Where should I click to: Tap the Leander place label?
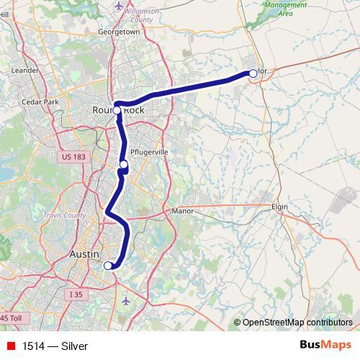24,71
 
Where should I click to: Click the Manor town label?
179,212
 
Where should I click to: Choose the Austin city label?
88,256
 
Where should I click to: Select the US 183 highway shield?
73,156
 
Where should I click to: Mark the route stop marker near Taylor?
253,73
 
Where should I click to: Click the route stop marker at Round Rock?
117,112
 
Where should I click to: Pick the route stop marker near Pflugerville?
124,165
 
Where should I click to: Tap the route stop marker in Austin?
108,266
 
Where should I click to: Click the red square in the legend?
10,346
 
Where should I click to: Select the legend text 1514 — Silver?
55,346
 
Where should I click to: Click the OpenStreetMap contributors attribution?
297,322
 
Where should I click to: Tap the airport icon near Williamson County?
119,6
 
